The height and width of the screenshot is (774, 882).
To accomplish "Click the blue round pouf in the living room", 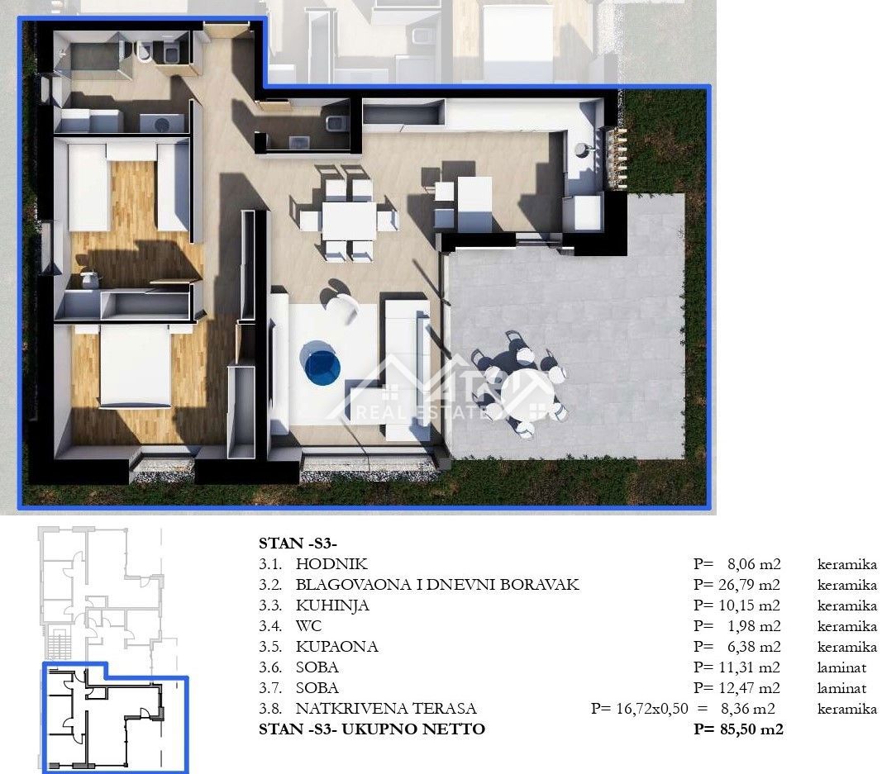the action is (x=321, y=364).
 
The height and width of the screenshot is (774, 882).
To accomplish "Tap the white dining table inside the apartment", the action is (x=349, y=221).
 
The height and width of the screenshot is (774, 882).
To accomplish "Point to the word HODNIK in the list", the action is (x=331, y=564).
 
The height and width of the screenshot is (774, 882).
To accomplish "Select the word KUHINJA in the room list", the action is (x=332, y=605).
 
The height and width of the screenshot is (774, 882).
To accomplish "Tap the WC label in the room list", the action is (x=309, y=626).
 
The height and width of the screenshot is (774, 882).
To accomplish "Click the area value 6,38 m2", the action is (x=754, y=647).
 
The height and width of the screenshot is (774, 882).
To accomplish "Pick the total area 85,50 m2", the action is (x=751, y=729).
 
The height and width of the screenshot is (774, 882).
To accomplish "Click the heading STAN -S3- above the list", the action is (x=298, y=544).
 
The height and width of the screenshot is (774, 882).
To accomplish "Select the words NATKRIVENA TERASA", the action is (x=386, y=709).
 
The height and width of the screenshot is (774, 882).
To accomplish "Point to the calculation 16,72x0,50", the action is (x=652, y=709).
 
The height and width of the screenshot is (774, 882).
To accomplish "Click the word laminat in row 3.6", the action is (x=841, y=667).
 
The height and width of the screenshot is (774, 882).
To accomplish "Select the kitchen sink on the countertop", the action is (x=582, y=150).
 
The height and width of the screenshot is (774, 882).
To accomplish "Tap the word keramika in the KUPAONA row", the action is (x=846, y=647).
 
